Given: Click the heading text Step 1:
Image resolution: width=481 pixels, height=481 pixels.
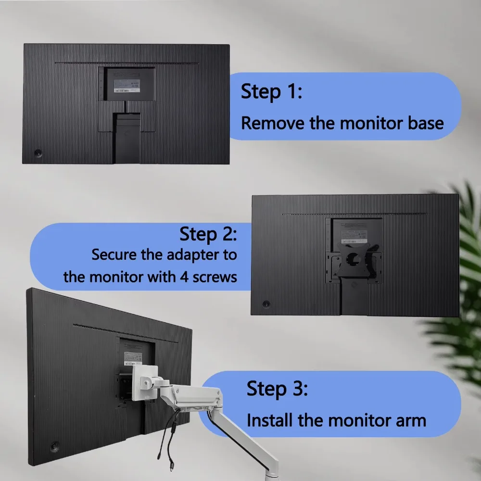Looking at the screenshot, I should (x=271, y=91).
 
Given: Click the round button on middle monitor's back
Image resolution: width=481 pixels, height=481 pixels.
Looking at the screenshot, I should (x=266, y=304).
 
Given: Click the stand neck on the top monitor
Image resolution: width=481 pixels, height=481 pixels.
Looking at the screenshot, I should (x=127, y=137).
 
